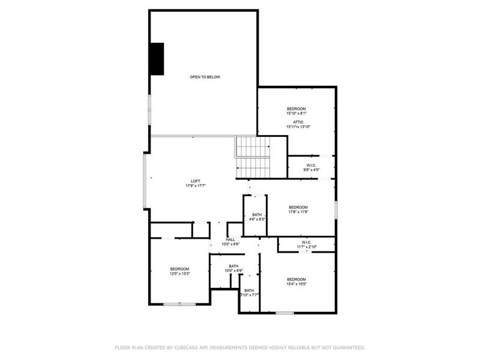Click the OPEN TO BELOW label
(x=205, y=77)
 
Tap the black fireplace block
(x=157, y=59)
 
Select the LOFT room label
(x=196, y=181)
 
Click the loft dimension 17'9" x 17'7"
(x=196, y=186)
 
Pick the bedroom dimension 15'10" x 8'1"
(x=296, y=113)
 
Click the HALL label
(x=230, y=239)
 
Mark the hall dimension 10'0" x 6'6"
(x=230, y=244)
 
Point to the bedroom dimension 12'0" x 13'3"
(x=179, y=274)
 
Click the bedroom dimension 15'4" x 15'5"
(x=296, y=284)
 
